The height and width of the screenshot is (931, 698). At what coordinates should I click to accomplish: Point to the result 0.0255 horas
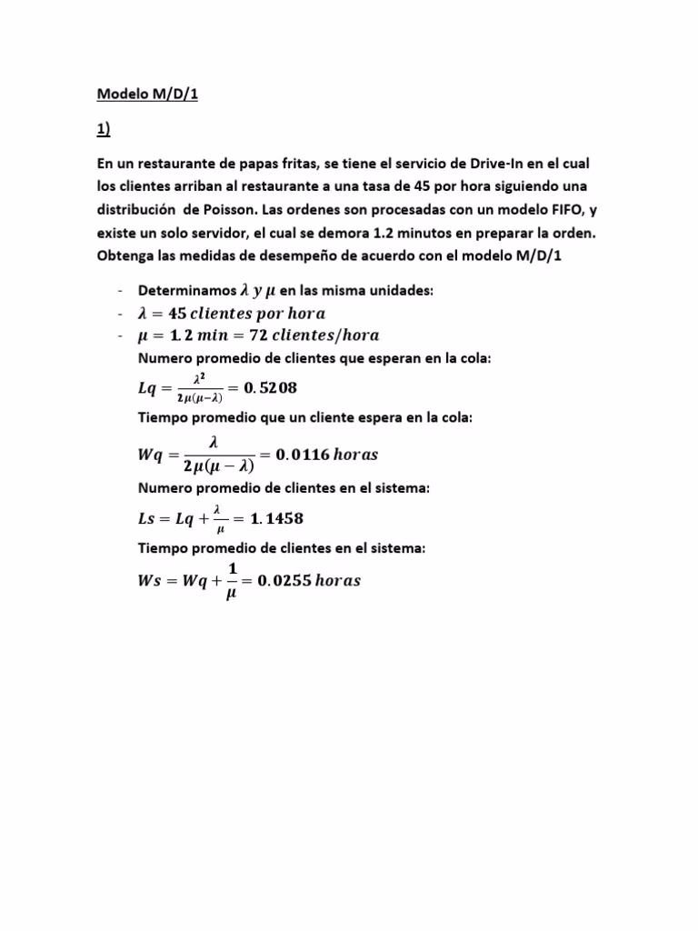(x=308, y=581)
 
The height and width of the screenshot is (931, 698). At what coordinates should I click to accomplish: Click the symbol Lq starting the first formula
(x=147, y=388)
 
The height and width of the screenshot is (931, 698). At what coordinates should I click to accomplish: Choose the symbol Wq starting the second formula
(x=150, y=454)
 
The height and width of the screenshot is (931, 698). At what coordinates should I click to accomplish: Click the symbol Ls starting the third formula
(x=146, y=519)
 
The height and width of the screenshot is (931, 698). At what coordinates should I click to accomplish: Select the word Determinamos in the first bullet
(x=185, y=290)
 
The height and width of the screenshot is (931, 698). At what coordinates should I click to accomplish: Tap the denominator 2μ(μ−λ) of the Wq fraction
(x=218, y=466)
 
